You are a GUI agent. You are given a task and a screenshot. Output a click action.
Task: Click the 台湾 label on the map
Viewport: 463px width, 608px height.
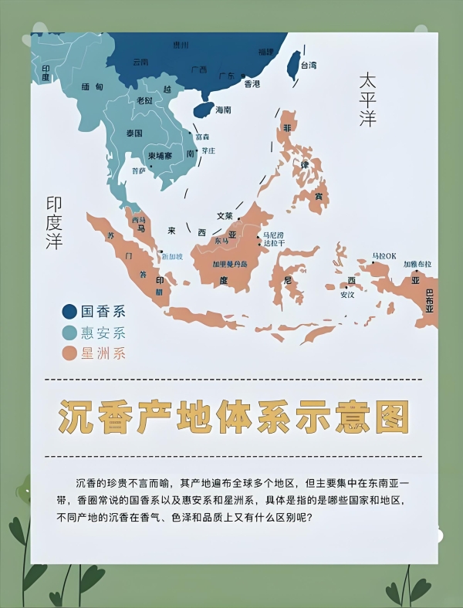click(x=308, y=66)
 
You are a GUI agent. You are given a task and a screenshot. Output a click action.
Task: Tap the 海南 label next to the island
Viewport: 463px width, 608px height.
click(x=223, y=110)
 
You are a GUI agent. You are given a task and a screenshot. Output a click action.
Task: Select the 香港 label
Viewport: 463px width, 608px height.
click(x=252, y=83)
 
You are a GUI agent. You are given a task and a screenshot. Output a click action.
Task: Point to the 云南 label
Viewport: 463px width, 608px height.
click(x=140, y=62)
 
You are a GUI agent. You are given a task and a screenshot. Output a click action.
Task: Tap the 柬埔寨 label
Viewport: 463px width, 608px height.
click(x=162, y=155)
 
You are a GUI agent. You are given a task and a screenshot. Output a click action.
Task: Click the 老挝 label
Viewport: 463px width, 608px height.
click(x=144, y=100)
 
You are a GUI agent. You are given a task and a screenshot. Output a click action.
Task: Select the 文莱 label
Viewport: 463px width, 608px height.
click(x=225, y=216)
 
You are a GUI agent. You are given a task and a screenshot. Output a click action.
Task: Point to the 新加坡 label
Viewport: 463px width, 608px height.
click(x=172, y=256)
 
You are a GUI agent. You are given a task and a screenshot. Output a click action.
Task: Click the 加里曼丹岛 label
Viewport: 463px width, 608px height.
click(x=231, y=263)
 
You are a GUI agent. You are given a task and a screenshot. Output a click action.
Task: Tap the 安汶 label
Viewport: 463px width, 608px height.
click(x=347, y=294)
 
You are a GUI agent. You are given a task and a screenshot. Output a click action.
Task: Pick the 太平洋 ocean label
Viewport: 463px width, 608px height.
click(x=367, y=100)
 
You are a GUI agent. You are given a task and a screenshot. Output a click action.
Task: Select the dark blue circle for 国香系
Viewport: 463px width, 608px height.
click(x=69, y=312)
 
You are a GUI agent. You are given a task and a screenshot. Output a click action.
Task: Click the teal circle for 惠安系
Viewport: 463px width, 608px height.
click(x=69, y=333)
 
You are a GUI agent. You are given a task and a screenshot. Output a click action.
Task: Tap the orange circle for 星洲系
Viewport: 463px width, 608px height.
click(x=69, y=353)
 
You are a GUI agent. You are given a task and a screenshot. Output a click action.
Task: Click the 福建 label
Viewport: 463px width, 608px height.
click(x=265, y=52)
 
